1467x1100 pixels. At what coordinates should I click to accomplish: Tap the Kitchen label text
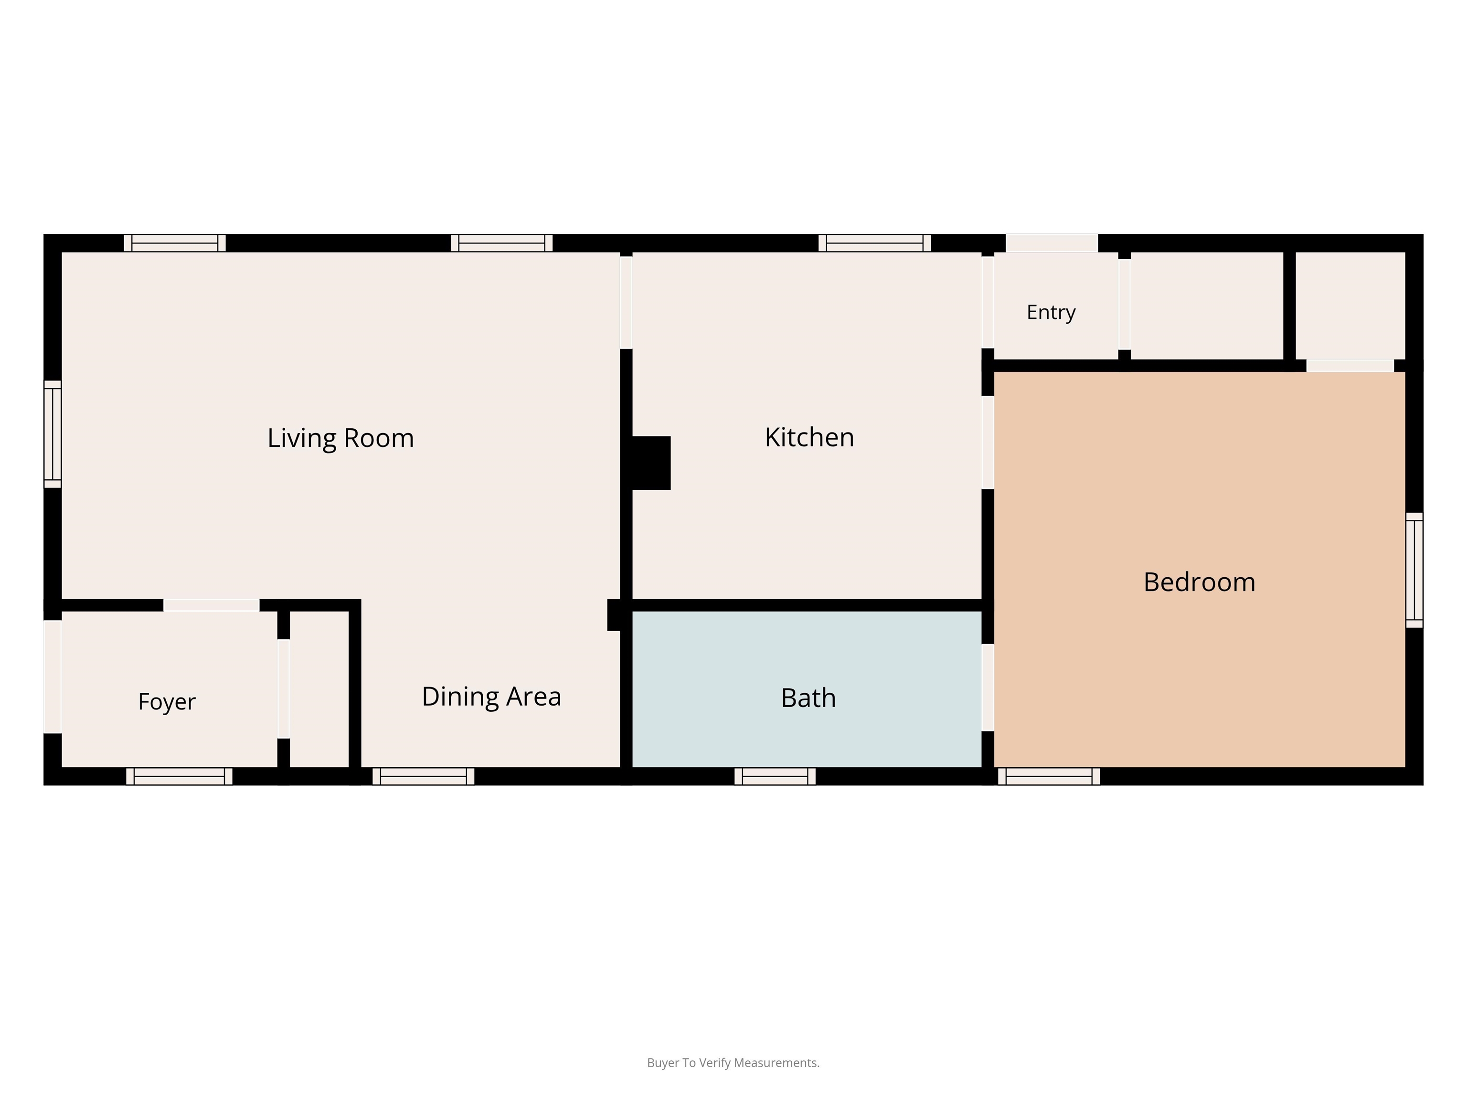[x=809, y=438]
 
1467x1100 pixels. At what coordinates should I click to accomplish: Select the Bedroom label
[x=1199, y=582]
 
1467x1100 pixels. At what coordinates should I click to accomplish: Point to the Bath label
[x=808, y=698]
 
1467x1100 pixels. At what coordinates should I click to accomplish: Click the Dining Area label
[x=491, y=697]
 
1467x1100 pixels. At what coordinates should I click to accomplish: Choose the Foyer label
[x=167, y=701]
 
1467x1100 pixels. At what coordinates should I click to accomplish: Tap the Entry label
[x=1051, y=312]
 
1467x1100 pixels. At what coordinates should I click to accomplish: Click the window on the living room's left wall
[x=53, y=434]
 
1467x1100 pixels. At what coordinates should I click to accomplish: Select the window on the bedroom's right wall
[x=1414, y=570]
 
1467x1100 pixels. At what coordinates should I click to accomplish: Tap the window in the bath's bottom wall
[x=775, y=776]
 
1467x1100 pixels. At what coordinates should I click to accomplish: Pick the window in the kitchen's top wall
[x=874, y=243]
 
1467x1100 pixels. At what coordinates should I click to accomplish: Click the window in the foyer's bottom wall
[x=179, y=776]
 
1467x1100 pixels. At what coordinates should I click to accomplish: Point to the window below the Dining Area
[x=423, y=776]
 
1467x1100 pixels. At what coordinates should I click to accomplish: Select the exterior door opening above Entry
[x=1052, y=243]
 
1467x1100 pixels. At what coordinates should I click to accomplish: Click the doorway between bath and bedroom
[x=988, y=687]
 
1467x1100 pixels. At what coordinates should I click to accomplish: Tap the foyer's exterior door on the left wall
[x=53, y=677]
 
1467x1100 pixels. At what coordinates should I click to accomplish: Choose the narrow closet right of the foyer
[x=319, y=689]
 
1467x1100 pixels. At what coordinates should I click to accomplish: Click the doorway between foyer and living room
[x=211, y=605]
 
